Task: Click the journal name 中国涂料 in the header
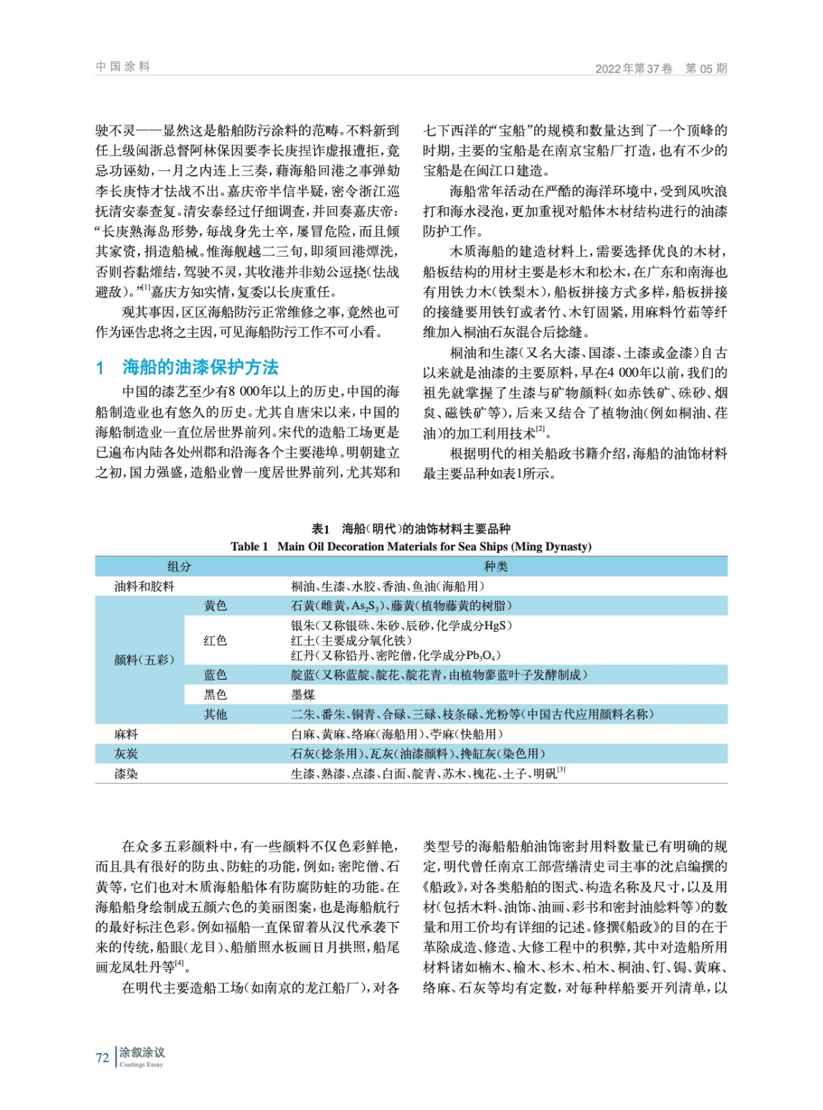pos(123,67)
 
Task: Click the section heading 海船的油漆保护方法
pos(200,366)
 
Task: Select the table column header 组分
pos(179,566)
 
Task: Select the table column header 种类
pos(495,566)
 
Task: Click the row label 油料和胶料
pos(144,586)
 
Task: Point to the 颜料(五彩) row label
pos(144,659)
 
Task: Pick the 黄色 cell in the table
pos(215,606)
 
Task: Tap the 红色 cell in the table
pos(215,640)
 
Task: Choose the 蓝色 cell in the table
pos(215,674)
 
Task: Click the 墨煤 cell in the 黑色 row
pos(303,694)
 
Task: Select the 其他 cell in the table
pos(215,714)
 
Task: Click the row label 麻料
pos(126,734)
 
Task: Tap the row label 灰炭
pos(126,753)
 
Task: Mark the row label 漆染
pos(126,774)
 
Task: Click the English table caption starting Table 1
pos(410,547)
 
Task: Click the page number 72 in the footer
pos(102,1057)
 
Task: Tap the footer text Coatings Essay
pos(141,1064)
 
